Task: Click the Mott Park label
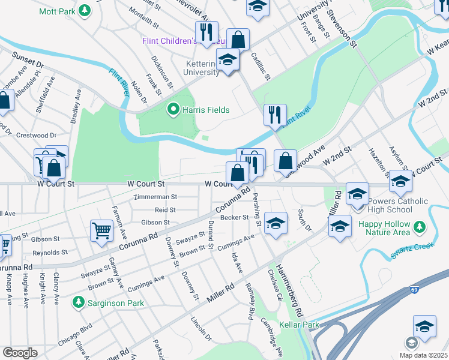click(x=57, y=11)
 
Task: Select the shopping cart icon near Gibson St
click(x=101, y=230)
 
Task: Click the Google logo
click(x=20, y=353)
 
